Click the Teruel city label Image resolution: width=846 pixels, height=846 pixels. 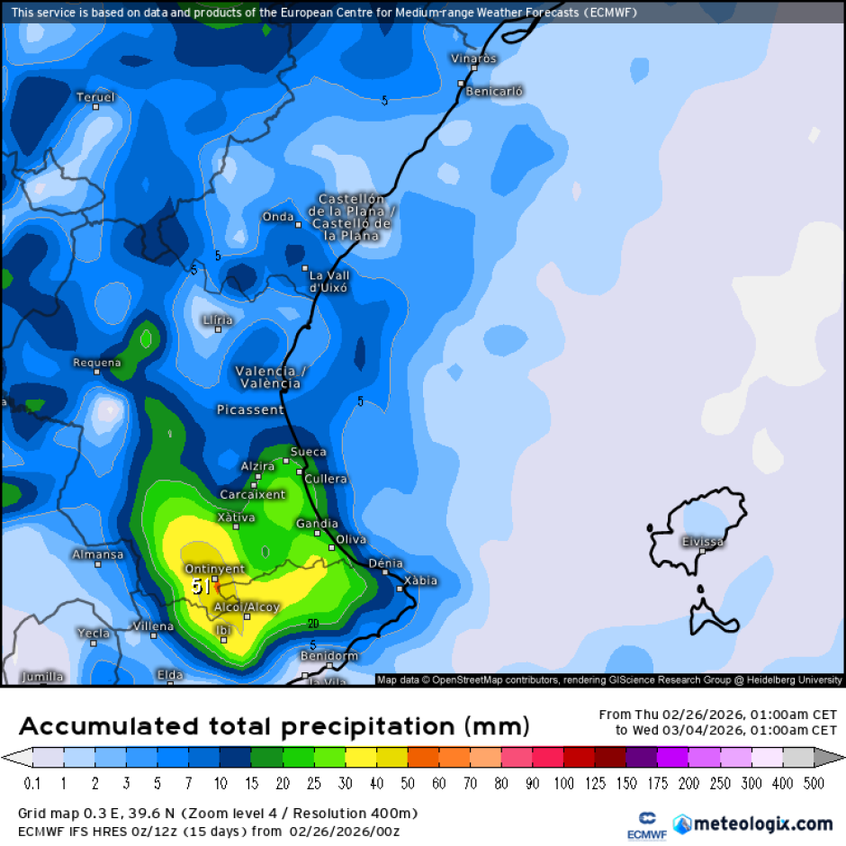pos(95,97)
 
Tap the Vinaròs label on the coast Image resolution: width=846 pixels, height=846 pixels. pos(473,58)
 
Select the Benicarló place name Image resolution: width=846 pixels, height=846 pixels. pos(495,91)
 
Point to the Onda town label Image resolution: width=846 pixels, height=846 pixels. pos(278,217)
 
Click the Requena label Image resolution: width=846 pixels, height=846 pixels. pos(96,364)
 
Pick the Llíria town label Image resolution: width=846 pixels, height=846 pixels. pos(218,320)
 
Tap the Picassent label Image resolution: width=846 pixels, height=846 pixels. pos(250,409)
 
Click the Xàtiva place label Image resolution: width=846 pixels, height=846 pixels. pos(237,517)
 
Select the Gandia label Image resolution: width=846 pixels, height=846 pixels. pos(318,524)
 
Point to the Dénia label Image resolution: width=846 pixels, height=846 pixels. pos(386,563)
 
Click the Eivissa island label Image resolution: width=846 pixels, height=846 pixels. pos(703,542)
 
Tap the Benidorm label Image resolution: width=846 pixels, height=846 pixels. pos(329,656)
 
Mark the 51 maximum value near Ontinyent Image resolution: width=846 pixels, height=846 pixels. pos(202,587)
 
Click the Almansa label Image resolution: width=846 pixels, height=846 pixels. pos(98,554)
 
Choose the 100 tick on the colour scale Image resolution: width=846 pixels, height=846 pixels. pos(564,784)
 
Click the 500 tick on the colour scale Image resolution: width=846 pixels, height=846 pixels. pos(814,784)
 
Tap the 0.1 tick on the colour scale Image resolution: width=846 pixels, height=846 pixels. pos(33,784)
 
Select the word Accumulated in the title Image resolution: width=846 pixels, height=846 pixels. pos(109,726)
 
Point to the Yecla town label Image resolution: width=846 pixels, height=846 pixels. pos(94,633)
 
